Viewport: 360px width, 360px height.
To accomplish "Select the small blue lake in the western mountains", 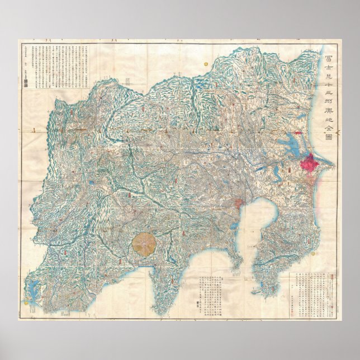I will point(90,182).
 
